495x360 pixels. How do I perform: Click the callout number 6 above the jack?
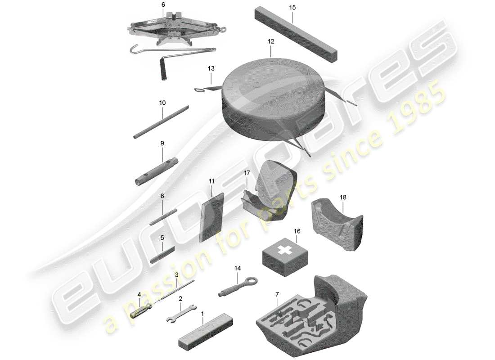pyautogui.click(x=163, y=4)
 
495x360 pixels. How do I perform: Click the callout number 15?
pyautogui.click(x=292, y=8)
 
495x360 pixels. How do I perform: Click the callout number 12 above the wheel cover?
pyautogui.click(x=270, y=41)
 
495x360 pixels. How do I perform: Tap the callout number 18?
pyautogui.click(x=343, y=197)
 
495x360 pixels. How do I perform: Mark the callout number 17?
pyautogui.click(x=247, y=172)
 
